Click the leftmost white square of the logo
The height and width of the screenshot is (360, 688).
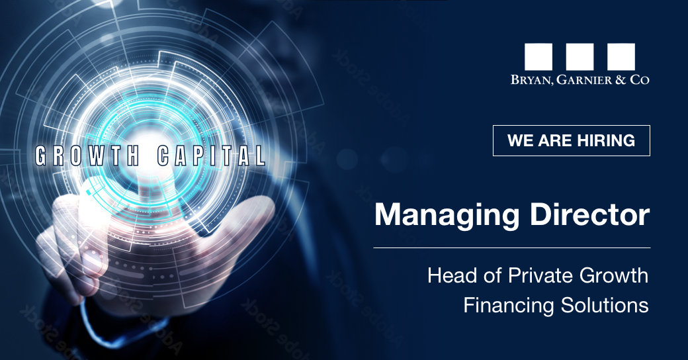(x=538, y=57)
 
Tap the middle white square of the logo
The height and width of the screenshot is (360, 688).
(x=580, y=57)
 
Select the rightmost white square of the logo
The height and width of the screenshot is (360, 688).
(x=621, y=57)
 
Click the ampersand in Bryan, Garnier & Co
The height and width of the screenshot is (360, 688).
(x=621, y=80)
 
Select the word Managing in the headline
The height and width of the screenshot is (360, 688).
(x=447, y=216)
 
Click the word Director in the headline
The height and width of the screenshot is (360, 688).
(x=589, y=214)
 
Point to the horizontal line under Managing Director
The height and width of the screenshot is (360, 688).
(x=511, y=248)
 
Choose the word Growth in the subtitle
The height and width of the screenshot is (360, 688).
(x=614, y=276)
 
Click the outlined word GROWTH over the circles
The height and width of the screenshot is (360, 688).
(x=87, y=156)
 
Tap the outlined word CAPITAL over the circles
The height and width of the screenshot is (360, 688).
(x=212, y=156)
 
